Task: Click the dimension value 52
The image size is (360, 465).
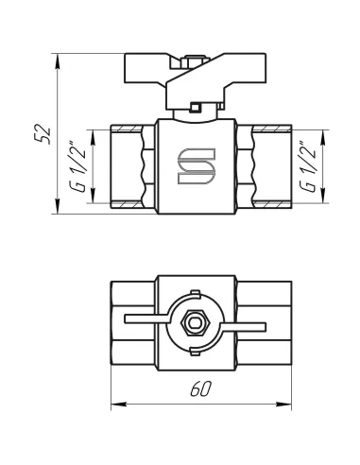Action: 43,134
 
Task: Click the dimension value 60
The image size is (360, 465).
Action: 200,388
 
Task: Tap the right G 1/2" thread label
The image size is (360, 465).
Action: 307,166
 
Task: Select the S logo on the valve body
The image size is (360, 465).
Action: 197,166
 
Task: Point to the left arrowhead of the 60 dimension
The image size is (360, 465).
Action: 119,404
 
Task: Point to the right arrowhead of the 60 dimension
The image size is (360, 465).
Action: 283,404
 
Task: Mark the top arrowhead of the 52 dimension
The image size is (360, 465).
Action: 57,61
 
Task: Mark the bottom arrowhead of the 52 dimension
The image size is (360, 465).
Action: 57,206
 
